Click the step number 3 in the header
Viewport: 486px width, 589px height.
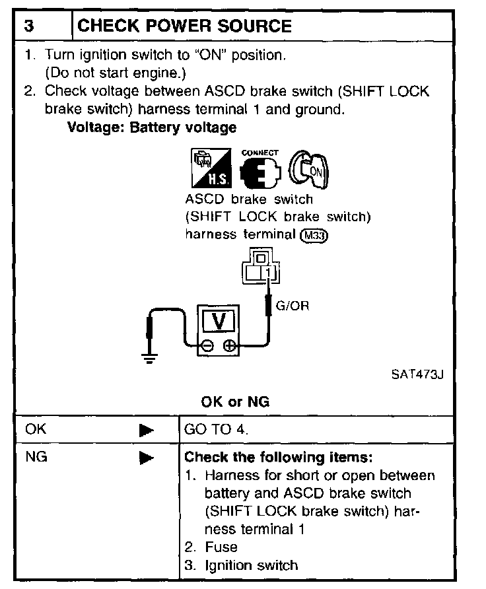point(30,26)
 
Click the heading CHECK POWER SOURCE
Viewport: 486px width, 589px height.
point(185,26)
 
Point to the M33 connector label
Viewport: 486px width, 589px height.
point(314,234)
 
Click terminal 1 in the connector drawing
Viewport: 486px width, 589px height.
point(268,271)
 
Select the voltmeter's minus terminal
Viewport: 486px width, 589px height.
point(207,345)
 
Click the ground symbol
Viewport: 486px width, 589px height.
point(150,359)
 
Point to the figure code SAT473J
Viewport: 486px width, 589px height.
point(417,375)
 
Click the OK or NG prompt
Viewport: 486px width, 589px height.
point(235,401)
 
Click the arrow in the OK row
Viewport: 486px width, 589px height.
point(146,430)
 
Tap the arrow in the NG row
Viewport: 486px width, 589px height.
point(146,457)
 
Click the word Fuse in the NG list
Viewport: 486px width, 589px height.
point(221,547)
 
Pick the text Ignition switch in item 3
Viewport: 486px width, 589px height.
point(251,565)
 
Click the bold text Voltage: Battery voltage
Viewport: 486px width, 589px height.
point(152,127)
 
